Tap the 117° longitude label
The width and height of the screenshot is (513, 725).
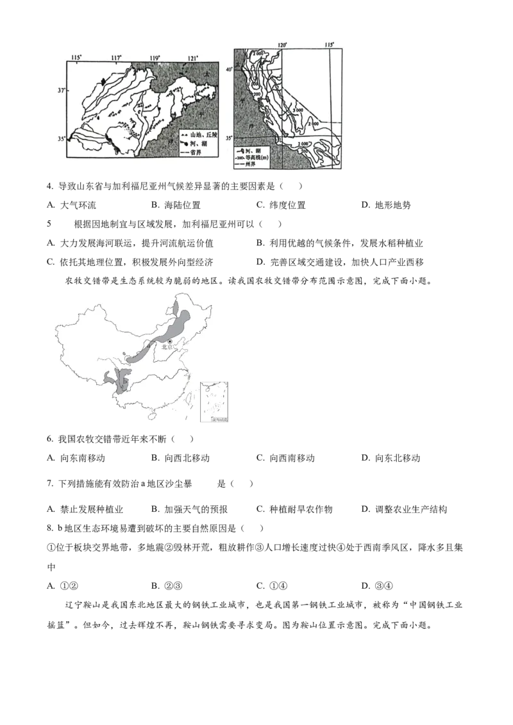tap(116, 58)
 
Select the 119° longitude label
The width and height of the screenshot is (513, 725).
tap(155, 58)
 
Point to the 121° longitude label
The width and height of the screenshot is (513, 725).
tap(193, 58)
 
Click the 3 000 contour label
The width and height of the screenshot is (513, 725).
tap(296, 111)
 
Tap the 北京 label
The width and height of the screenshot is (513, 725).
tap(167, 346)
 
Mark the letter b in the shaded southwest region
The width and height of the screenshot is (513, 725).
tap(125, 383)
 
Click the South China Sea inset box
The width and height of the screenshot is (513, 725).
tap(215, 402)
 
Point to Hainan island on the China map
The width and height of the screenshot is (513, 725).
tap(151, 415)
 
